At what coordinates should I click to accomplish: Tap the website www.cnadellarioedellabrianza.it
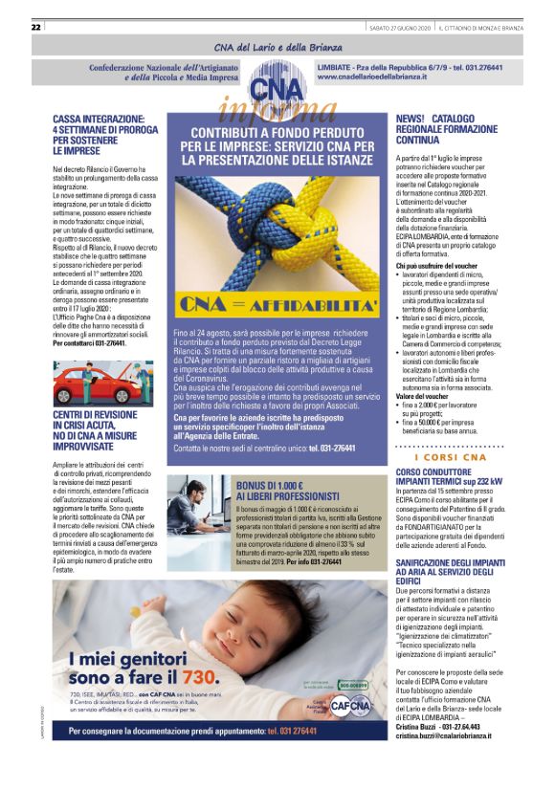click(x=371, y=77)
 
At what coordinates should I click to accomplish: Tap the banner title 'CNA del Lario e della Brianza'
click(x=277, y=48)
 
